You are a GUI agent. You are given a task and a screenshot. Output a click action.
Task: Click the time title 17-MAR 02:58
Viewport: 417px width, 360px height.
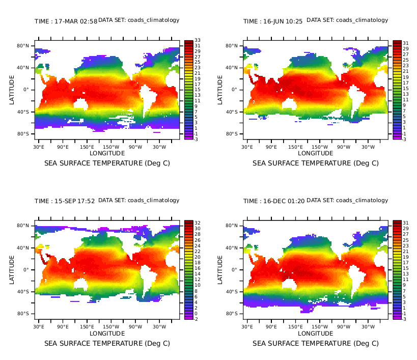pos(66,21)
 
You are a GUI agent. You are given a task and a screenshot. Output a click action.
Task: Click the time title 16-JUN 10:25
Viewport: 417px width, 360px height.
pos(273,21)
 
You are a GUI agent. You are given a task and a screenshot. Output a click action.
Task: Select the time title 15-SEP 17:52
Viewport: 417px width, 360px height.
pos(65,201)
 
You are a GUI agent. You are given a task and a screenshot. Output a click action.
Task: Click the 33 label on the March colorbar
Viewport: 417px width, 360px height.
pos(197,40)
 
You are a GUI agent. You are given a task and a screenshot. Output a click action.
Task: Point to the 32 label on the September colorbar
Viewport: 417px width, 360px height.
pos(197,223)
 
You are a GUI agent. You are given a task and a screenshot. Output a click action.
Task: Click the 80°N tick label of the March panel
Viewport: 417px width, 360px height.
pos(23,46)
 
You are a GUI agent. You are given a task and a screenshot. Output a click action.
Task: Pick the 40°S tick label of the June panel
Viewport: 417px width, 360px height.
pos(232,112)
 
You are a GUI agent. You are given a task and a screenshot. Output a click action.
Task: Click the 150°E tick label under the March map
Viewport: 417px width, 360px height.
pos(87,147)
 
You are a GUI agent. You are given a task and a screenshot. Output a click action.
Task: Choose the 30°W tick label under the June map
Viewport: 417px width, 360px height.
pos(368,147)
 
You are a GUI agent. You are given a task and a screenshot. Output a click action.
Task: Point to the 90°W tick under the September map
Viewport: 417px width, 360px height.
pos(135,327)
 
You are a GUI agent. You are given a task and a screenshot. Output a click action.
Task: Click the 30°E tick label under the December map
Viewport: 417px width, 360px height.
pos(247,327)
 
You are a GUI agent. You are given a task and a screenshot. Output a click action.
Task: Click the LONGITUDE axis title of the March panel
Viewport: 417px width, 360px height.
pos(107,153)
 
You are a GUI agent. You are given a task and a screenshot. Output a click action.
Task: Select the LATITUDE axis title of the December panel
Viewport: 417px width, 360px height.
pos(220,269)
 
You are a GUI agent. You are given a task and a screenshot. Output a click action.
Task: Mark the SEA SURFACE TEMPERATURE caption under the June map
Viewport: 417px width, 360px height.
pos(316,163)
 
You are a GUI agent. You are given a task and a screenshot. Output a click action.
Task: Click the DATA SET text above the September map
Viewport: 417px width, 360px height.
pos(138,200)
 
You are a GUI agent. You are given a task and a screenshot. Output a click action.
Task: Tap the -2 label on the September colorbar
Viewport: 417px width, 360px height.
pos(197,319)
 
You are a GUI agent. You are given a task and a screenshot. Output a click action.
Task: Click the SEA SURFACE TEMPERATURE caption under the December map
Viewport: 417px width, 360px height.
pos(316,343)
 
